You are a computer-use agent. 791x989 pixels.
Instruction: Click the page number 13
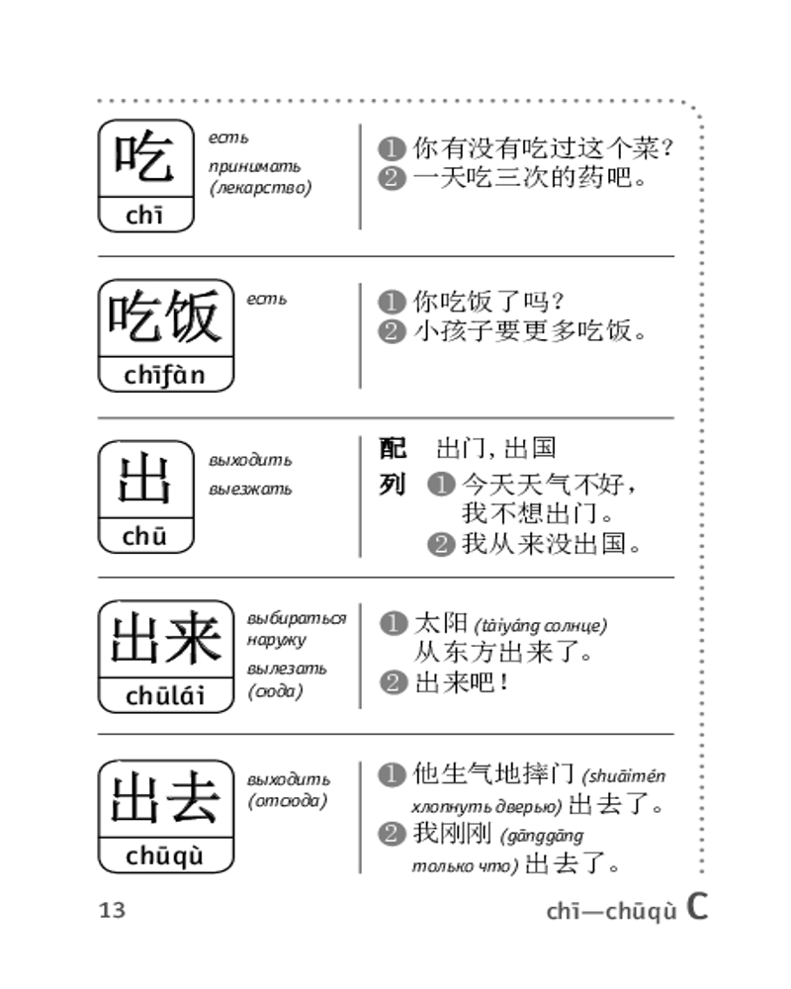tap(113, 910)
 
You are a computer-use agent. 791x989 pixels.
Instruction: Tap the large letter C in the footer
tap(697, 907)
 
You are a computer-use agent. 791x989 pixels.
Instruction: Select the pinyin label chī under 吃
tap(144, 215)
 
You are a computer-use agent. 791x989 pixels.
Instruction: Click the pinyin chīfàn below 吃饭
tap(165, 375)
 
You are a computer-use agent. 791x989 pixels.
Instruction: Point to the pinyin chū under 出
tap(144, 536)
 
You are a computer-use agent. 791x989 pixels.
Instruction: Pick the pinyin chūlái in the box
tap(165, 695)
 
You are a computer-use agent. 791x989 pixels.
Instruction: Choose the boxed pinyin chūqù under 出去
tap(165, 855)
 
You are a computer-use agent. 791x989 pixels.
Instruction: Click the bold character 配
tap(393, 448)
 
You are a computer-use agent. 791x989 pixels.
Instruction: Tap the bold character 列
tap(393, 485)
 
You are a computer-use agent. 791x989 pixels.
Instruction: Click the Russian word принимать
tap(255, 166)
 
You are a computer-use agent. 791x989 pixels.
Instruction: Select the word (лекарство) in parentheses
tap(260, 188)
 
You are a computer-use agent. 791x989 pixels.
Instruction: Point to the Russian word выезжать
tap(250, 489)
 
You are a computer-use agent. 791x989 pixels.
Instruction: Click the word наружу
tap(276, 640)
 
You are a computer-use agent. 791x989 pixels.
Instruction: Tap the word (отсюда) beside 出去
tap(288, 801)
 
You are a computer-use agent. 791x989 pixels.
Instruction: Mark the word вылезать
tap(287, 669)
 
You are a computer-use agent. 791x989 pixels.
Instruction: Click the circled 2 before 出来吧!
tap(393, 681)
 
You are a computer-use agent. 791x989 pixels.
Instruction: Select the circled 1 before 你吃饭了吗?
tap(392, 302)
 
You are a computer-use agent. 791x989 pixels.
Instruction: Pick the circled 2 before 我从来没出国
tap(441, 544)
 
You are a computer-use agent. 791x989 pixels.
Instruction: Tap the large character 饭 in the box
tap(194, 316)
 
